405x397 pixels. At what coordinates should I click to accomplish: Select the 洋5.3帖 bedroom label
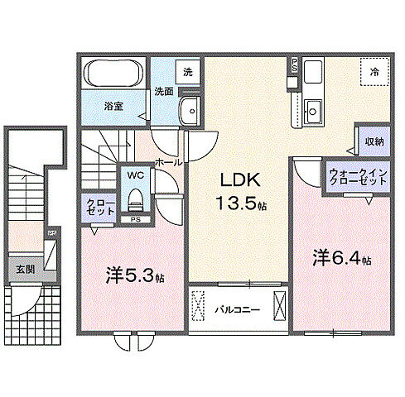(135, 275)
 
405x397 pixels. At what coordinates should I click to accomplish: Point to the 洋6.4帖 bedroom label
(341, 258)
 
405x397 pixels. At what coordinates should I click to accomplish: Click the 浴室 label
(113, 107)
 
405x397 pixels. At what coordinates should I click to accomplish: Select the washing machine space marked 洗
(188, 72)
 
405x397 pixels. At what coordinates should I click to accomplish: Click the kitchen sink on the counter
(314, 108)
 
